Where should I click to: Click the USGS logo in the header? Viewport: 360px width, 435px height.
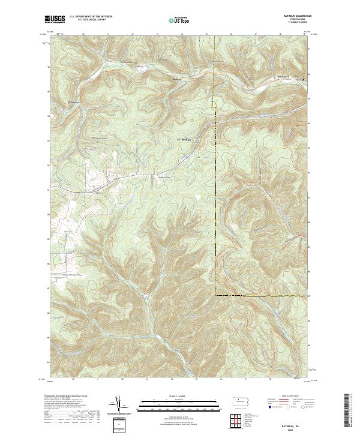click(x=55, y=20)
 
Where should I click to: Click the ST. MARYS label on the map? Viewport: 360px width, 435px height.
click(x=184, y=140)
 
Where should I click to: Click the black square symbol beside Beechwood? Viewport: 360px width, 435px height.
click(x=303, y=80)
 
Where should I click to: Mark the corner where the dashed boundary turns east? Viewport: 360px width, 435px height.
click(x=215, y=295)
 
